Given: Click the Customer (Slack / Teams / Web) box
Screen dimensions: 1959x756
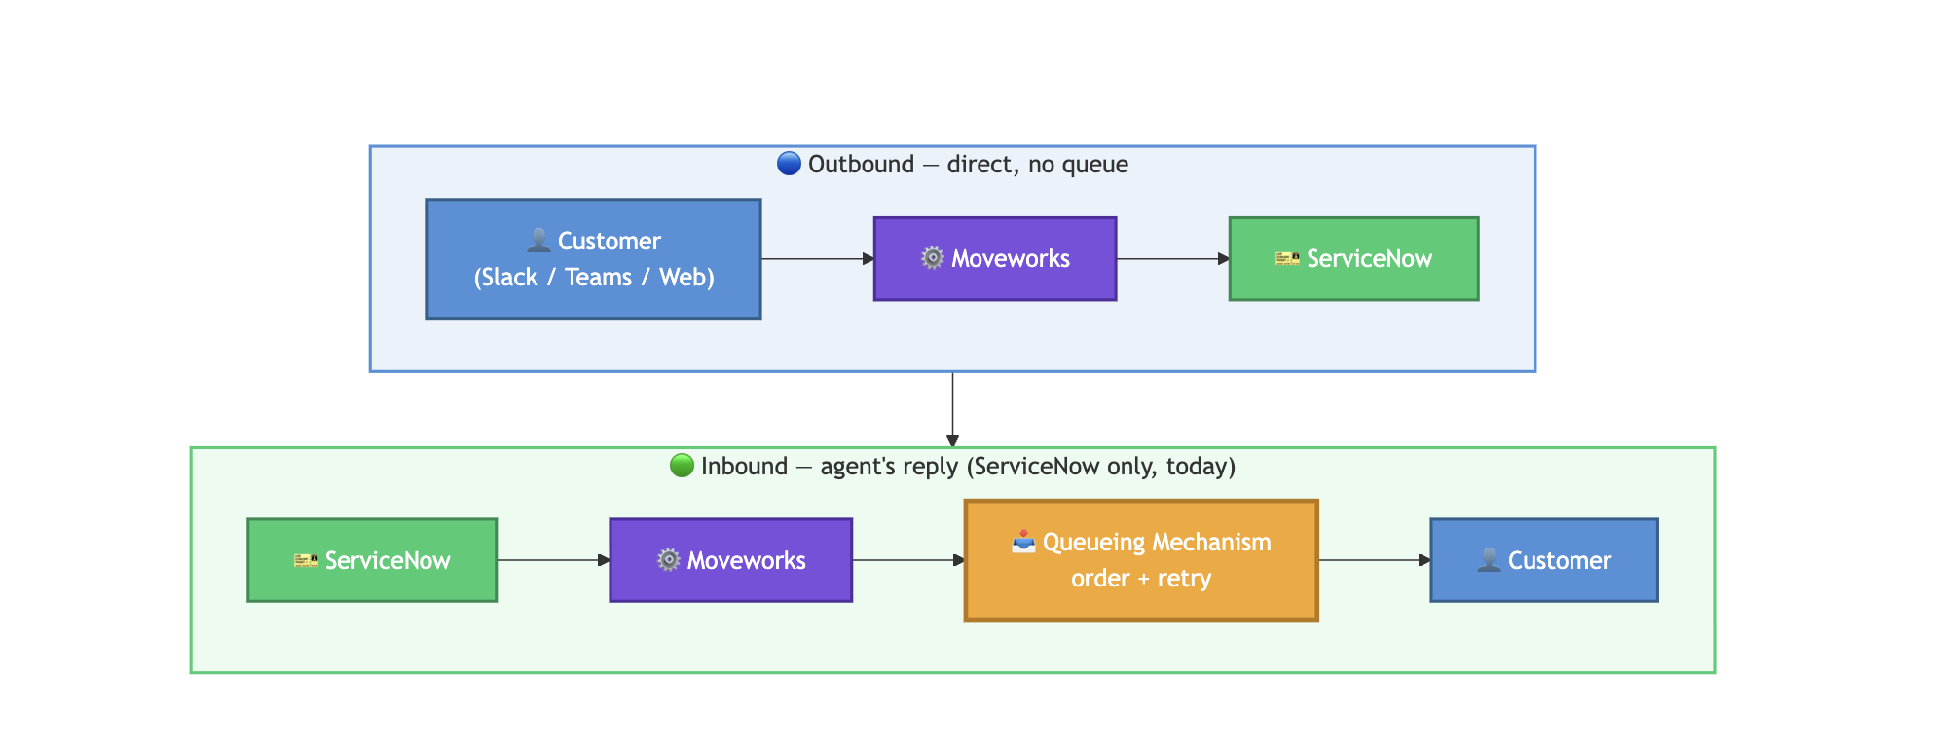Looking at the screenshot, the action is point(594,259).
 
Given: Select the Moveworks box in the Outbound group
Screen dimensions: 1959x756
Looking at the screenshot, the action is point(995,259).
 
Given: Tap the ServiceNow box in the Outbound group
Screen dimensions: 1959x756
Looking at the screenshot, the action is point(1353,259).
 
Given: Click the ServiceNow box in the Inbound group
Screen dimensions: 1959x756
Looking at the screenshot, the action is point(372,560).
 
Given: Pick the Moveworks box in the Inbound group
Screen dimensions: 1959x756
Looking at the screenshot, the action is point(730,560).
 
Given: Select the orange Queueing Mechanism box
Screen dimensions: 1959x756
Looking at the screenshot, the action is point(1141,560).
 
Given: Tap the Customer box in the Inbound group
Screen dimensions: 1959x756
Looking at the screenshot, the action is point(1544,560).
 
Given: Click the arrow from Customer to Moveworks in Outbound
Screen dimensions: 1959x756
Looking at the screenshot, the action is point(818,259).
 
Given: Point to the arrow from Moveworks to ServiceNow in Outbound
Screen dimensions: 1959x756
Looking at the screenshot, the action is point(1173,259).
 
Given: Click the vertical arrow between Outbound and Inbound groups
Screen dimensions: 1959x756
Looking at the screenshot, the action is point(952,409).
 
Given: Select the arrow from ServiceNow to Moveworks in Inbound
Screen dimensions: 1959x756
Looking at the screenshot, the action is point(554,560).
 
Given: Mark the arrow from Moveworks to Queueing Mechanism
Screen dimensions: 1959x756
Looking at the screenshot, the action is point(908,560).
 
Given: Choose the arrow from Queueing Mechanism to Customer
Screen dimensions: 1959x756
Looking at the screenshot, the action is point(1375,560).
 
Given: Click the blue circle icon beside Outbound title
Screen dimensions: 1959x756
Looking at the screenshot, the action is point(789,164).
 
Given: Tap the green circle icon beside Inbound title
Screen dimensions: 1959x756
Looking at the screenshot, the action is point(682,466).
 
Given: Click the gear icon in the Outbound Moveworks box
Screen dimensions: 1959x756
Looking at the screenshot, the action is point(933,258).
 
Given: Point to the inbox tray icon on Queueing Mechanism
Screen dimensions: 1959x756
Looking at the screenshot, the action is point(1023,542).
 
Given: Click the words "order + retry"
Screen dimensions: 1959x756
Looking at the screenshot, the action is point(1141,579).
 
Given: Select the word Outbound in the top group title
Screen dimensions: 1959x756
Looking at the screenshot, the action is point(861,164).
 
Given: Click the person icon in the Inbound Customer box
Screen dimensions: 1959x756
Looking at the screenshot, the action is point(1489,560).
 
